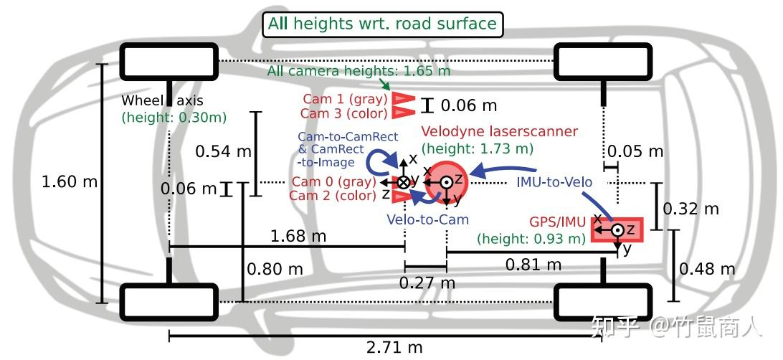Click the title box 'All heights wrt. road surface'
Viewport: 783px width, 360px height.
[382, 24]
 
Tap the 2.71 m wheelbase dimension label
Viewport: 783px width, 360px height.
[394, 348]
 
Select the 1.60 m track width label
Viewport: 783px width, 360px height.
[70, 181]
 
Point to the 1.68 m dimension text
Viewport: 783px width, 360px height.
[298, 235]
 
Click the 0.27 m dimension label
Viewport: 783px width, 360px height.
[426, 283]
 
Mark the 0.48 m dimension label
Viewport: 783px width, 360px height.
[707, 269]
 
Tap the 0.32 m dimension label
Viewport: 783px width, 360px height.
[691, 209]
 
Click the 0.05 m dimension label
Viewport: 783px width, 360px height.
[635, 151]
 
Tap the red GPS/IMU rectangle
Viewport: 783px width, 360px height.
[617, 229]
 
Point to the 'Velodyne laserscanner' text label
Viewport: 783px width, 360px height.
[499, 132]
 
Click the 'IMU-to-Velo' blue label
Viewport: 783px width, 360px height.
[554, 181]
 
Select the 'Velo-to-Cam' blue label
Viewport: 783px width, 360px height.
[427, 219]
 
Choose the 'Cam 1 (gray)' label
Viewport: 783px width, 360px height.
[344, 99]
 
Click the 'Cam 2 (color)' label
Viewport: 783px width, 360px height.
[333, 195]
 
